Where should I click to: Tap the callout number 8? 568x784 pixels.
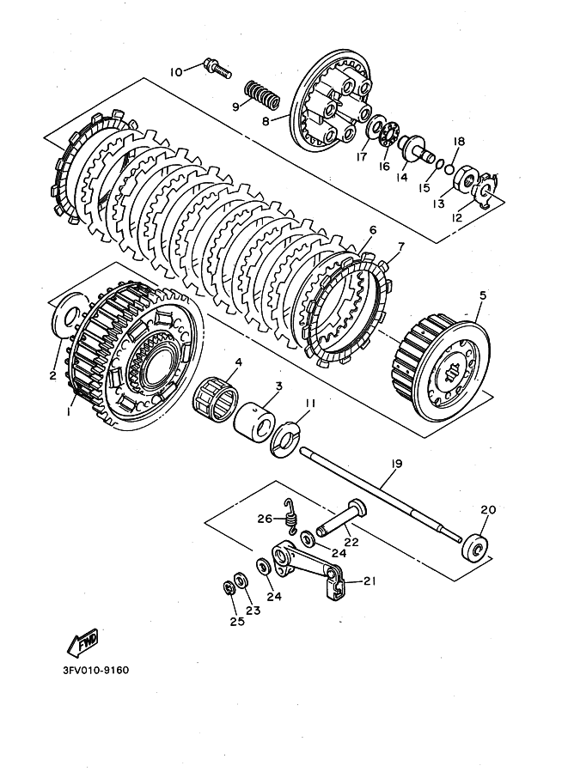click(266, 120)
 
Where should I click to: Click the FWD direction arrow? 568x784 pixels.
click(83, 641)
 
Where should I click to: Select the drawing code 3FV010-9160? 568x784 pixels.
click(95, 670)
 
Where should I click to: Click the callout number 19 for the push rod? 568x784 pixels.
click(396, 464)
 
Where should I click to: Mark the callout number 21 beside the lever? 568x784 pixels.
click(370, 580)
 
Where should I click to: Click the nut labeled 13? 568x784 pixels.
click(467, 179)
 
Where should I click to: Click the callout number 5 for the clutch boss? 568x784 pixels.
click(482, 295)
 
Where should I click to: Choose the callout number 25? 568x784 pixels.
click(237, 621)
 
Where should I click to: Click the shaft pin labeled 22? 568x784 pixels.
click(341, 518)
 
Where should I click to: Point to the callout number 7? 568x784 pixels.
click(400, 247)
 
